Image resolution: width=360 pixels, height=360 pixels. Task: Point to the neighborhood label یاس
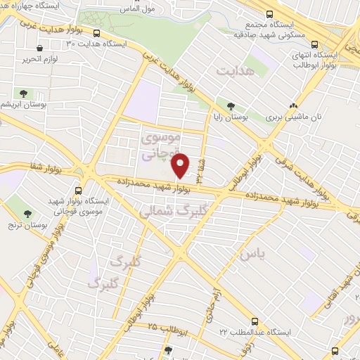[254, 254]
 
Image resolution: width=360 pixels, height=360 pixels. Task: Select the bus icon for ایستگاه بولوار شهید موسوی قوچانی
[79, 191]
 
